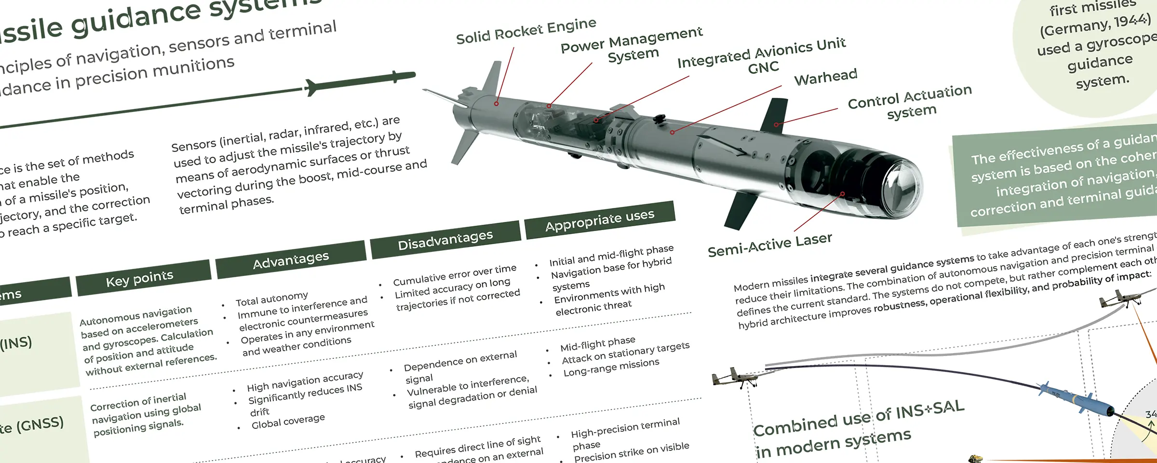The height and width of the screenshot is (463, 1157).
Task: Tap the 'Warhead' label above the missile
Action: coord(826,77)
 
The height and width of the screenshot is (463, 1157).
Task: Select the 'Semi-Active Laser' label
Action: coord(769,245)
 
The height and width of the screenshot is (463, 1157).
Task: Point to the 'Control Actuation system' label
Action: coord(910,102)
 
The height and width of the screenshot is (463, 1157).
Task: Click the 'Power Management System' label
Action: coord(632,46)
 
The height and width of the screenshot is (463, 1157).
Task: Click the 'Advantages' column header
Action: coord(291,260)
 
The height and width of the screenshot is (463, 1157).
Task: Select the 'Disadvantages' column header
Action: coord(445,240)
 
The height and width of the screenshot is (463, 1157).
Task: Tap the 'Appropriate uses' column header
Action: coord(600,220)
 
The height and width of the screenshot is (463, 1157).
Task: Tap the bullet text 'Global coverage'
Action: coord(288,421)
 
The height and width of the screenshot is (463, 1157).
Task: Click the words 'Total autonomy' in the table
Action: coord(271,299)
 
